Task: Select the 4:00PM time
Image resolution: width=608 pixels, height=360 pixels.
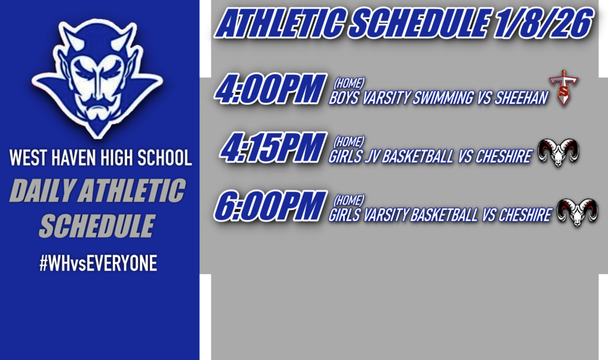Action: [271, 89]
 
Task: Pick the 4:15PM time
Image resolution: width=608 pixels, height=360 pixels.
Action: [273, 149]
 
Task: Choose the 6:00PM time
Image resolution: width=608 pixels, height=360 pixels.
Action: [271, 207]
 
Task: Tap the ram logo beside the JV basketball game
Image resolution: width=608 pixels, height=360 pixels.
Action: [558, 153]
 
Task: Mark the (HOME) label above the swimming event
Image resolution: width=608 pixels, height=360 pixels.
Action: [349, 83]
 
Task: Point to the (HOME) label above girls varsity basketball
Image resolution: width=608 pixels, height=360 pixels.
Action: [349, 200]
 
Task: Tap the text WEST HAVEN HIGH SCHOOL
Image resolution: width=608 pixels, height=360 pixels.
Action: [100, 158]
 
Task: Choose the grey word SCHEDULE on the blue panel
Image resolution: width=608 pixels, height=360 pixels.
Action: [97, 226]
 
